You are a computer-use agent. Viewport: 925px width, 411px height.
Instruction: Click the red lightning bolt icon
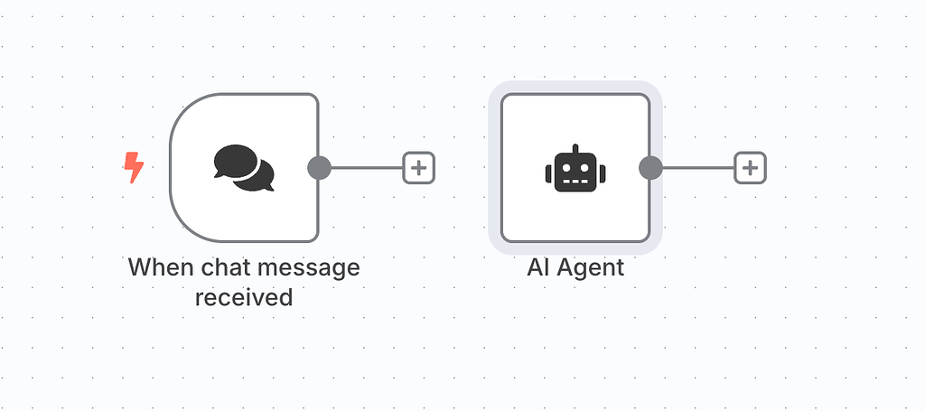click(134, 167)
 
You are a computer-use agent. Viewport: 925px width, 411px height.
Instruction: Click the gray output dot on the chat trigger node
click(319, 167)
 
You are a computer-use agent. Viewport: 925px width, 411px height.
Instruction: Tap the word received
click(244, 296)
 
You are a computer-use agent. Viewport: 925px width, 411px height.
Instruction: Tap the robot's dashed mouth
click(575, 181)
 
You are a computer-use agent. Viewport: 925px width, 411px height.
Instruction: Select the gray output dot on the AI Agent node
click(650, 167)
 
